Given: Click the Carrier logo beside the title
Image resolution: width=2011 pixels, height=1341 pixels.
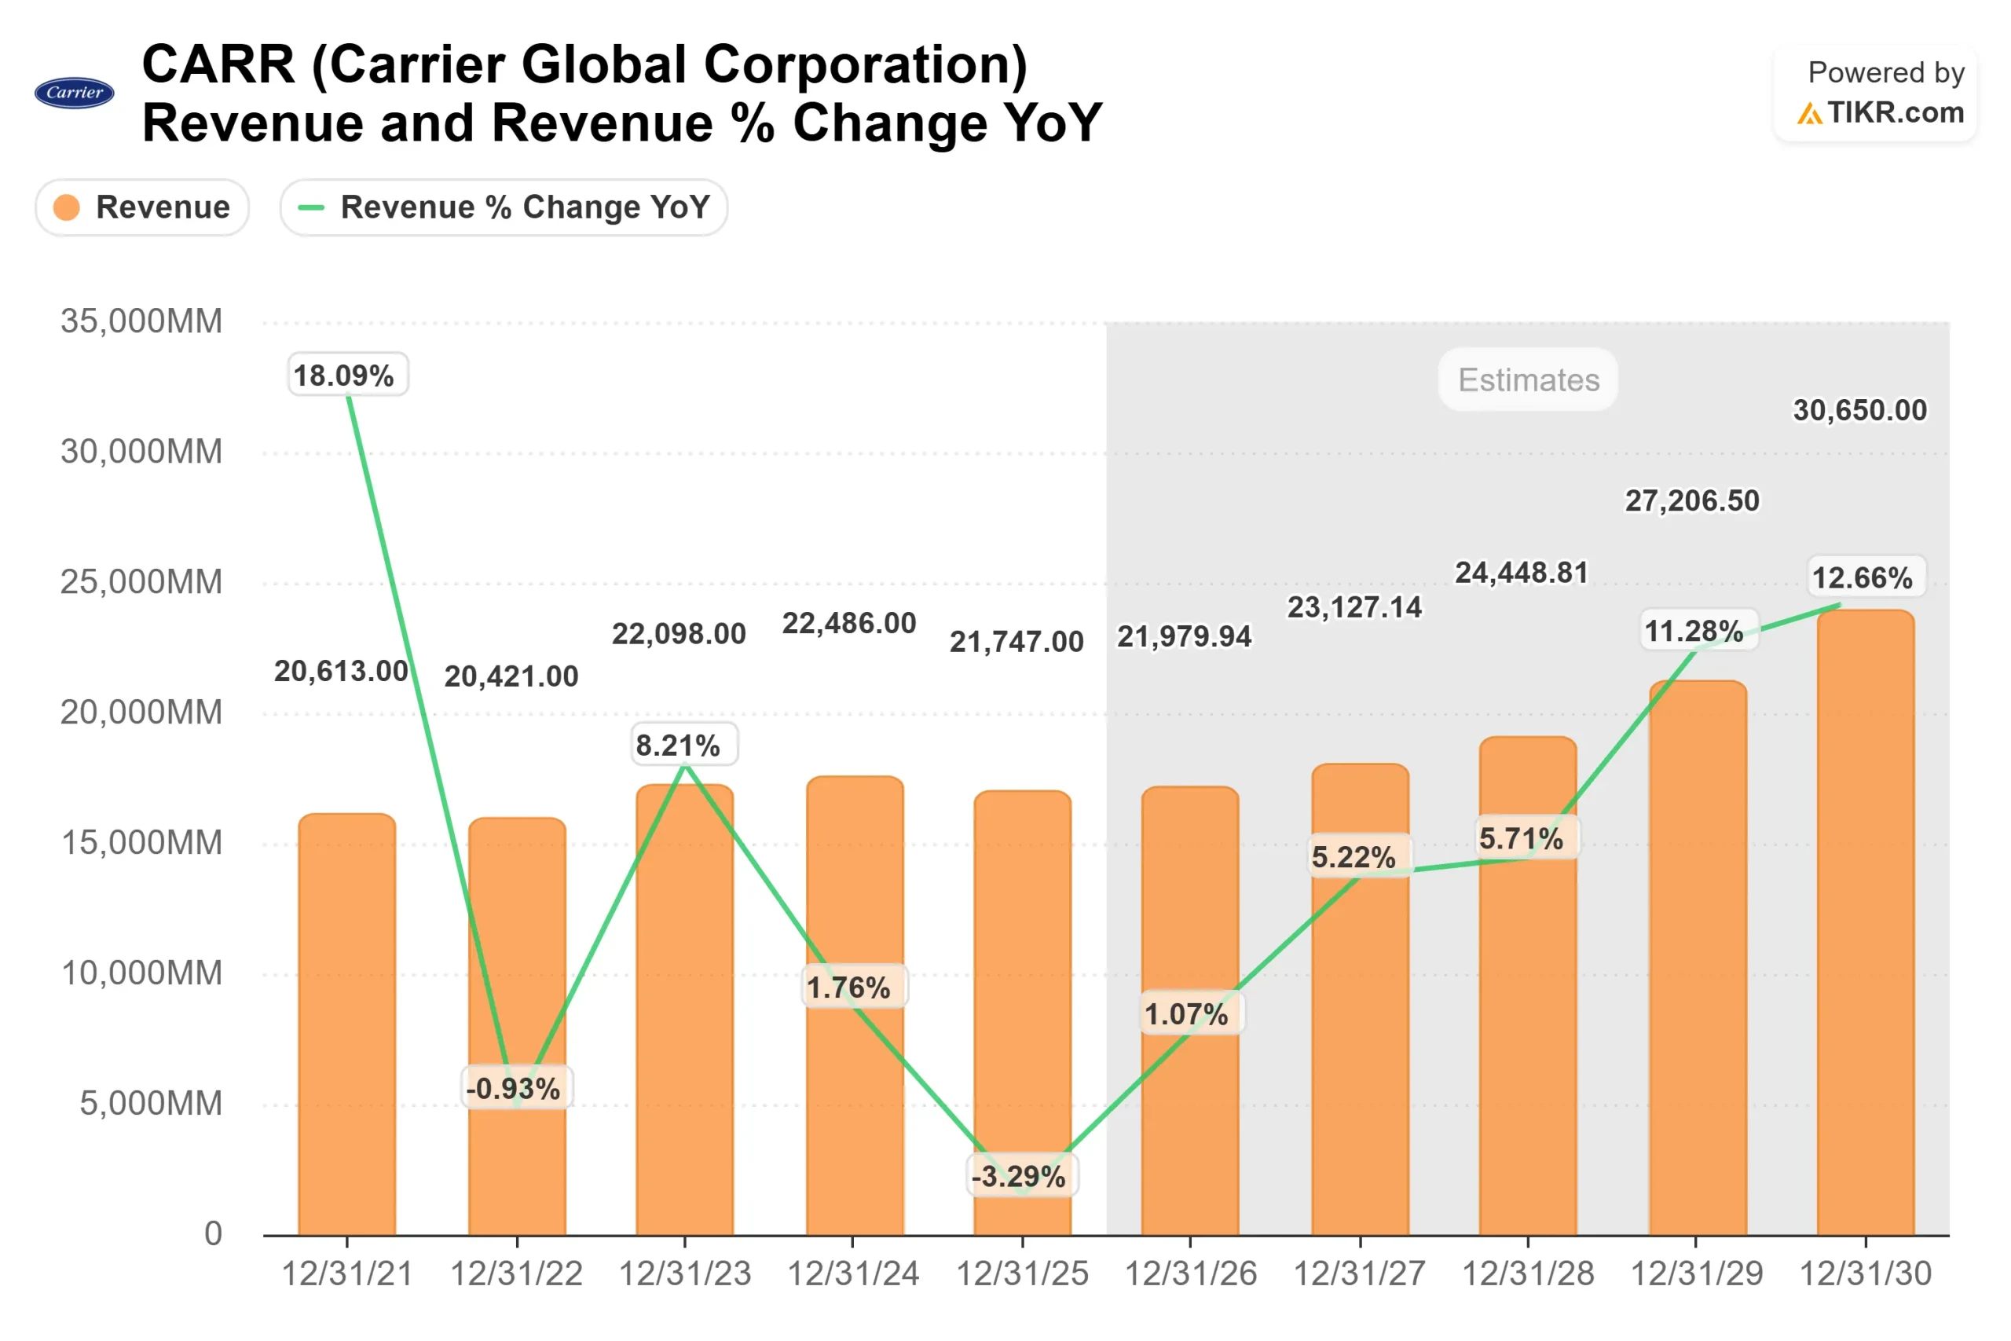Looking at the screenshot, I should tap(75, 93).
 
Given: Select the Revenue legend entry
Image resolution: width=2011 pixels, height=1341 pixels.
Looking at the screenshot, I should tap(142, 207).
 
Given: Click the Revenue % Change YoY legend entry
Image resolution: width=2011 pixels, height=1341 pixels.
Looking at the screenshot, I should tap(504, 207).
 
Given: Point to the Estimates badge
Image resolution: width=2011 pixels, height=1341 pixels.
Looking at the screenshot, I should tap(1528, 379).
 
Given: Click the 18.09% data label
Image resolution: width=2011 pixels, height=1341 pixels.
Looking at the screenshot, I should tap(347, 376).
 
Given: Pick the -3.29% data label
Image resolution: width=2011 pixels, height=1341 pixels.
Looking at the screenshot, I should tap(1021, 1176).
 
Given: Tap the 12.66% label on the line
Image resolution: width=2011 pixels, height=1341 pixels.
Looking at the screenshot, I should tap(1864, 577).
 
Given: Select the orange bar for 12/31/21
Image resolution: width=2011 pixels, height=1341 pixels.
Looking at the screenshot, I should tap(347, 1026).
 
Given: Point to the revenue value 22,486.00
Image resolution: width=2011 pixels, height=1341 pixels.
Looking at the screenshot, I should tap(849, 623).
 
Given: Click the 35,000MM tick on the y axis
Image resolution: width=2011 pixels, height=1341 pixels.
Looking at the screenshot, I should tap(141, 321).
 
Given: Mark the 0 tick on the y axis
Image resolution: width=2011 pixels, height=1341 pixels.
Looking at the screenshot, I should tap(213, 1233).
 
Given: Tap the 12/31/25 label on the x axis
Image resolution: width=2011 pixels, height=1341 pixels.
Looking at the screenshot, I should tap(1022, 1273).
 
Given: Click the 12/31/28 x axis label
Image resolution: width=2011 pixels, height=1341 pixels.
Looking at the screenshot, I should tap(1527, 1273).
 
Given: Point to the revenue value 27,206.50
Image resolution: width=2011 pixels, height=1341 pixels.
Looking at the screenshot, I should tap(1691, 500).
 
